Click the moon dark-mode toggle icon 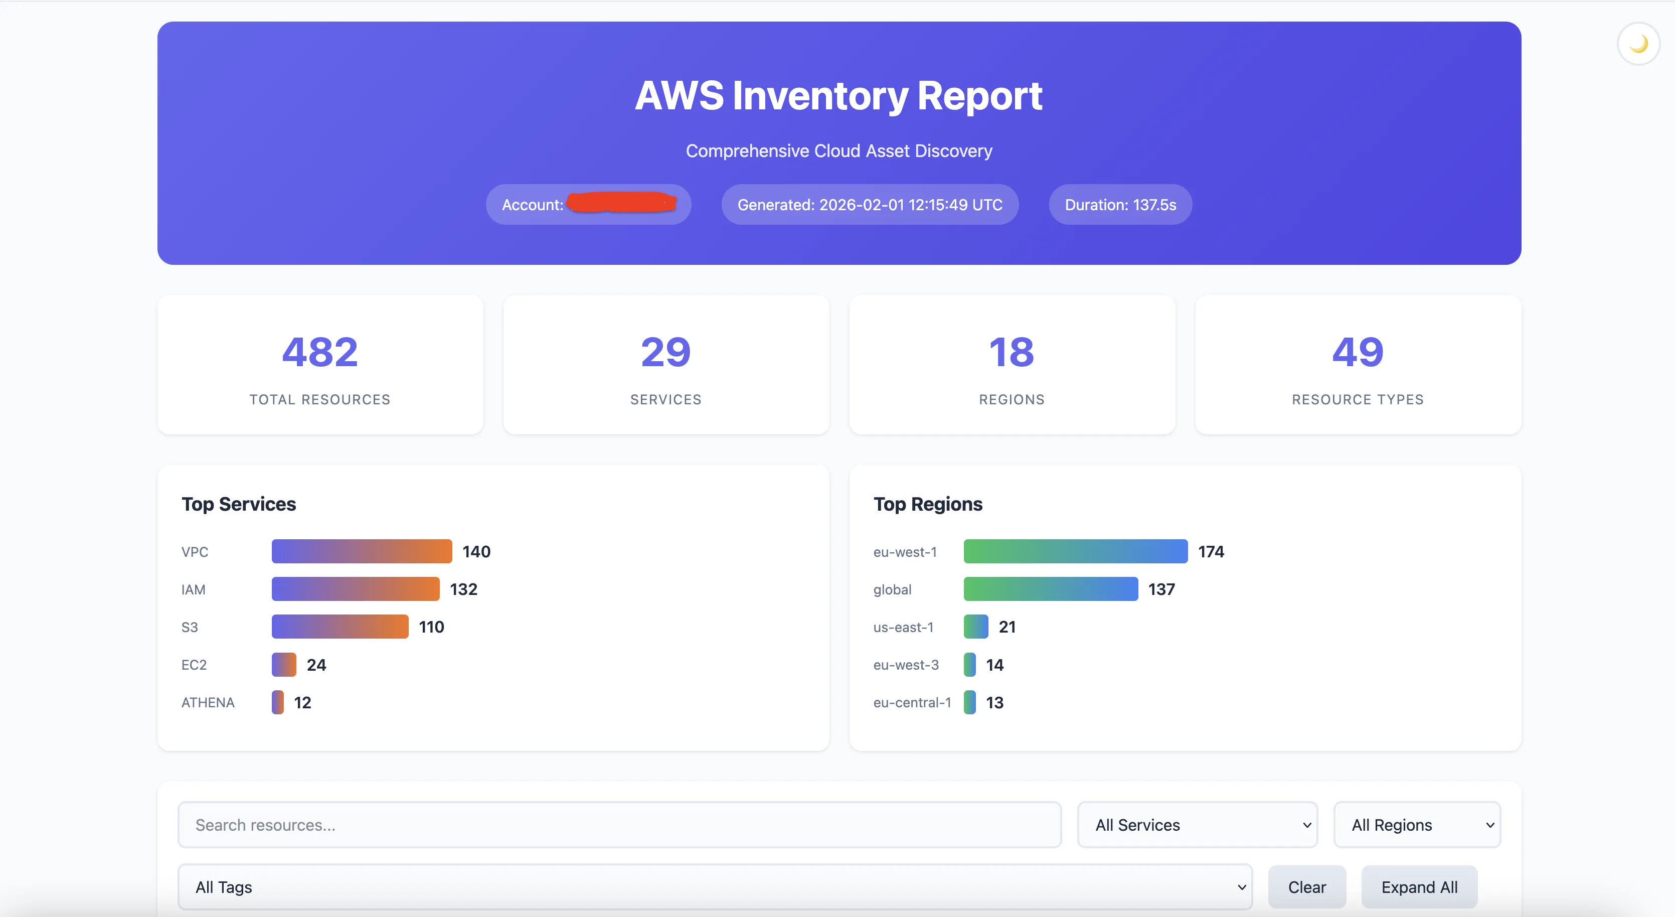point(1638,44)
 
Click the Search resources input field point(619,825)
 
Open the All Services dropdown point(1197,825)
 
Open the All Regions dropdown point(1417,825)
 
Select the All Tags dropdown point(715,887)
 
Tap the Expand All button point(1419,887)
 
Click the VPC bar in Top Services point(362,551)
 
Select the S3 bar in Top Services point(340,627)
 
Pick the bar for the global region point(1051,589)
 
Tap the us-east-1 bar point(976,627)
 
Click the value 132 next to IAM point(463,589)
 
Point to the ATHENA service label point(208,702)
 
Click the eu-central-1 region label point(912,702)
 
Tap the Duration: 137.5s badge point(1120,205)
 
